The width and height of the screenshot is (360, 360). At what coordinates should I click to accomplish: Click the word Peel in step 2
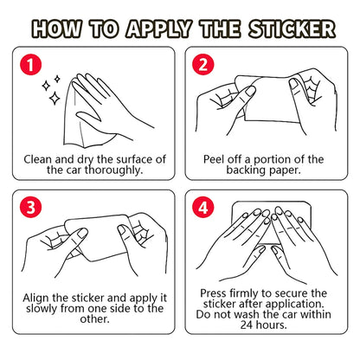tap(217, 159)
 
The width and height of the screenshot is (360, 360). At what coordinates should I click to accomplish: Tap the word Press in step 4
tap(217, 293)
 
